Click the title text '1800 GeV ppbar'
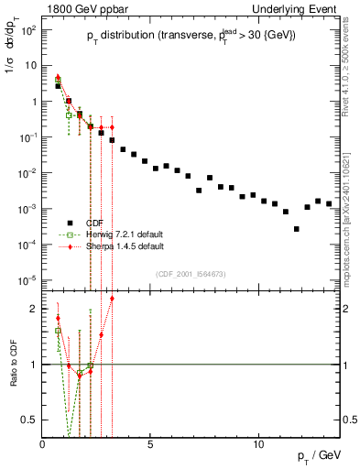(80, 7)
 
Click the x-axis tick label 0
(43, 444)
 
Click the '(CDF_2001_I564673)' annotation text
(191, 274)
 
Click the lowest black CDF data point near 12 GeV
(296, 229)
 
